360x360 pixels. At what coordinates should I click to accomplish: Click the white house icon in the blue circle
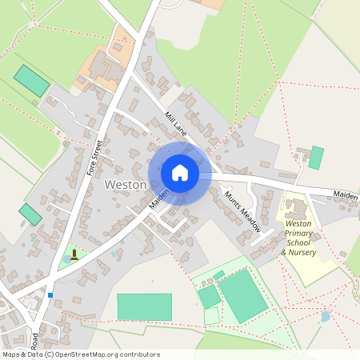(180, 172)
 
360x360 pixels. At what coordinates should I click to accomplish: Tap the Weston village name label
(126, 185)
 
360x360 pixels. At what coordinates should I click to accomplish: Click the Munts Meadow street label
(242, 211)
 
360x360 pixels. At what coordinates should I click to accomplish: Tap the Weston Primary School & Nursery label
(299, 238)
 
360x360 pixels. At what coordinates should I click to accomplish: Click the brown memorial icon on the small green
(74, 254)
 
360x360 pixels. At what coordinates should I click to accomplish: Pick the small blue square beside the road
(50, 294)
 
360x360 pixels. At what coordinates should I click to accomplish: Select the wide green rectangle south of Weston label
(144, 307)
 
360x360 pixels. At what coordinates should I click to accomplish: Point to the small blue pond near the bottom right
(325, 317)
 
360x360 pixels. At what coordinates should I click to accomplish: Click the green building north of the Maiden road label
(317, 157)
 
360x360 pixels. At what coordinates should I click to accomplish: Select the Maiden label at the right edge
(346, 194)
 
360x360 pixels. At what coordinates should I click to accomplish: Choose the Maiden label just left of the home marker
(158, 200)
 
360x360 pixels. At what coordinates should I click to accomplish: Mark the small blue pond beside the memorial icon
(66, 258)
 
